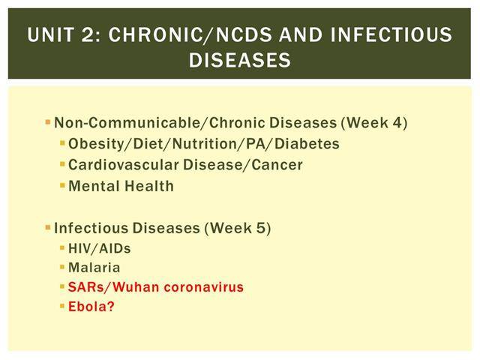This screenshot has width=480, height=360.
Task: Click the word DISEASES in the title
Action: [240, 60]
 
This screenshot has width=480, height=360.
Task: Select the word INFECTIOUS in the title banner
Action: [391, 34]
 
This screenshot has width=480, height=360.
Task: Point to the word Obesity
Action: [95, 144]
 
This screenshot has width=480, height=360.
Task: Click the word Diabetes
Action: [307, 144]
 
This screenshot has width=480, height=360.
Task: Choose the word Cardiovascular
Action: [123, 165]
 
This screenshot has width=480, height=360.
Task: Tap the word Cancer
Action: [277, 165]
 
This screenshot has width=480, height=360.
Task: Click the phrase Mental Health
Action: [121, 186]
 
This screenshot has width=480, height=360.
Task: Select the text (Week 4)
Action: [374, 123]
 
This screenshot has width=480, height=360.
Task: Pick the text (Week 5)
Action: [238, 228]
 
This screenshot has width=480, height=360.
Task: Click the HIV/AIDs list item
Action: [100, 248]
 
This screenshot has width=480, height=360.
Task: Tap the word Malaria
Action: [94, 268]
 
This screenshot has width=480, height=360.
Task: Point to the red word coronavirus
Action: [203, 287]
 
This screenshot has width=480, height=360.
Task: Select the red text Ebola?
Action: [91, 307]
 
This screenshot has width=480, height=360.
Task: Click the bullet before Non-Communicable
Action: [48, 122]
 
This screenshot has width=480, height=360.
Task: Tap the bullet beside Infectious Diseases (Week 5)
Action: [48, 228]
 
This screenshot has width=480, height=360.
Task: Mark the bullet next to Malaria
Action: [62, 267]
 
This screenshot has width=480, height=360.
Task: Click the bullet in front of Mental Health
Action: [62, 185]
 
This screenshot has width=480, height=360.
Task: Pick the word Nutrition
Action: [209, 144]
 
